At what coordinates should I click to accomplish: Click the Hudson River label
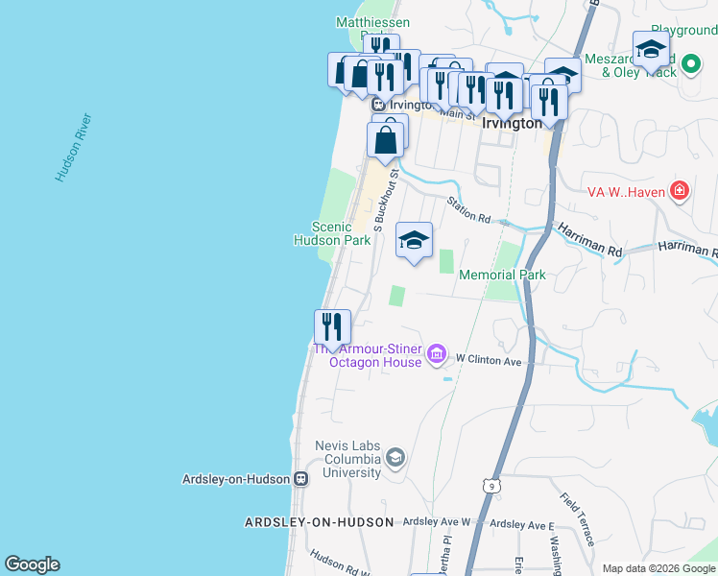click(x=73, y=148)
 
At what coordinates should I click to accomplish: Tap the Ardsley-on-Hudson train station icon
click(x=300, y=478)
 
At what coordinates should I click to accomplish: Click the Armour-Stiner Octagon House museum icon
click(x=437, y=355)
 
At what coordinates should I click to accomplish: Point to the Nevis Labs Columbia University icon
click(x=395, y=458)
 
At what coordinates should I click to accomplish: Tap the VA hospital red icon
click(x=681, y=190)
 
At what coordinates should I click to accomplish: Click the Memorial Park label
click(x=502, y=276)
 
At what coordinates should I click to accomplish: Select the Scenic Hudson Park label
click(x=332, y=234)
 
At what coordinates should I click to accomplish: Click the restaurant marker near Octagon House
click(x=332, y=327)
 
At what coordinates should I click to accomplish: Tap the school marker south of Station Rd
click(x=414, y=241)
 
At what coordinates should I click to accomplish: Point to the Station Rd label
click(x=468, y=210)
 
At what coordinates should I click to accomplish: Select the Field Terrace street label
click(x=574, y=519)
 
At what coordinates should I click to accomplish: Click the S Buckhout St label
click(x=386, y=202)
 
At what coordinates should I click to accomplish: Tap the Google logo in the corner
click(x=32, y=564)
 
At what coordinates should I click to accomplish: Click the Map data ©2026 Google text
click(x=658, y=568)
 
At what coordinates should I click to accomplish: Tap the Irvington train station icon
click(x=379, y=105)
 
